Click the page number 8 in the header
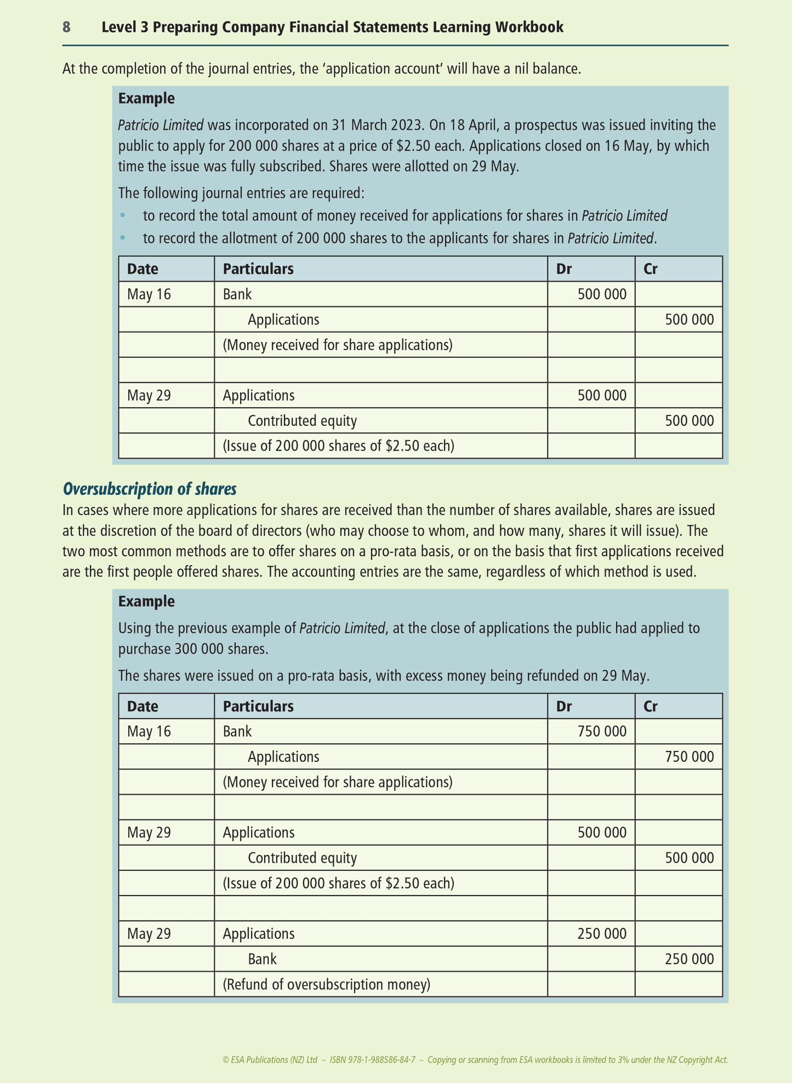pos(66,27)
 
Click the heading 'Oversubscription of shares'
pos(150,488)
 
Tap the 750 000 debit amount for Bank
pos(602,731)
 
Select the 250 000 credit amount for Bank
pos(689,959)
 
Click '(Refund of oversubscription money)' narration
pos(326,984)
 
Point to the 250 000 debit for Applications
pos(602,933)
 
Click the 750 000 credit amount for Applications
pos(689,757)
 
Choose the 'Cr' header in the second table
pos(650,706)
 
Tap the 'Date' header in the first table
pos(143,269)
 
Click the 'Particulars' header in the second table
pos(258,706)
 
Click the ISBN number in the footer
pos(373,1060)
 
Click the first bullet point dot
pos(123,215)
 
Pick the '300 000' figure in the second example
pos(197,649)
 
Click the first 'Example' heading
pos(146,99)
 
